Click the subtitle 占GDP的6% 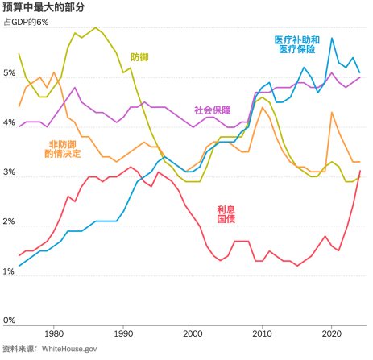27,22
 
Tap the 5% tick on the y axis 9,73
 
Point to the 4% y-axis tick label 9,123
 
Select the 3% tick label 9,173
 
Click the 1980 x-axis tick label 54,333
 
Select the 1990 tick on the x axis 123,333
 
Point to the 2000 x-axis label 193,333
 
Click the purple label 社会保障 212,110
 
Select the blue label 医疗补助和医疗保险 297,43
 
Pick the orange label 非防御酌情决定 65,148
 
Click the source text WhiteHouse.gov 68,349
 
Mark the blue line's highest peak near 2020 332,39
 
